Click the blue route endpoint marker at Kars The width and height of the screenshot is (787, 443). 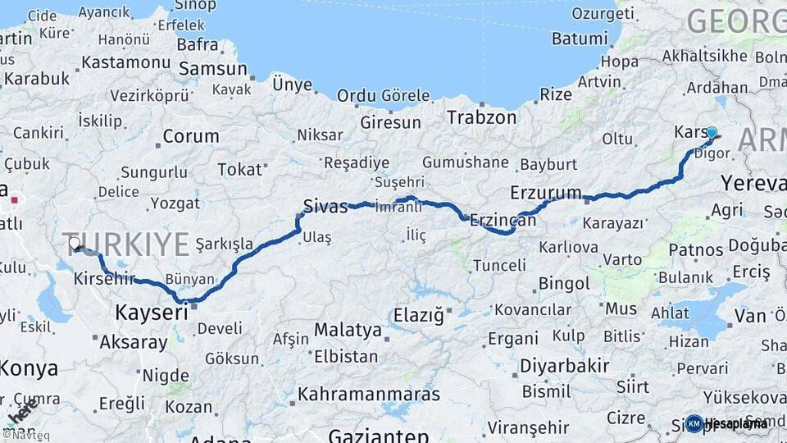(x=712, y=132)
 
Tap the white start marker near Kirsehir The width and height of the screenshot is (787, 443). (x=75, y=244)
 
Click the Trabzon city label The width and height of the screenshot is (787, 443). (x=481, y=117)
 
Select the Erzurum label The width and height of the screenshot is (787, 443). (x=545, y=194)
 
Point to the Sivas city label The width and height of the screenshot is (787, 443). (x=325, y=206)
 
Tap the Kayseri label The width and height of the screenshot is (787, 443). (x=152, y=312)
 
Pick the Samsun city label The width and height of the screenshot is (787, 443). (x=212, y=69)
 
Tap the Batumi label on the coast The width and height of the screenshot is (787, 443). (x=580, y=39)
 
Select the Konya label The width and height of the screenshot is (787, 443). (x=30, y=368)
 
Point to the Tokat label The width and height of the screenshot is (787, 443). (x=239, y=170)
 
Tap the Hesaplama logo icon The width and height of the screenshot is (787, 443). (x=694, y=423)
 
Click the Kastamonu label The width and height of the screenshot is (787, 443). (x=125, y=62)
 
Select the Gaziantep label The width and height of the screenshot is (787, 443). (x=379, y=436)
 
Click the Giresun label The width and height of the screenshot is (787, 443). (x=390, y=123)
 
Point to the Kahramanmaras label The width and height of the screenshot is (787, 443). (x=368, y=395)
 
